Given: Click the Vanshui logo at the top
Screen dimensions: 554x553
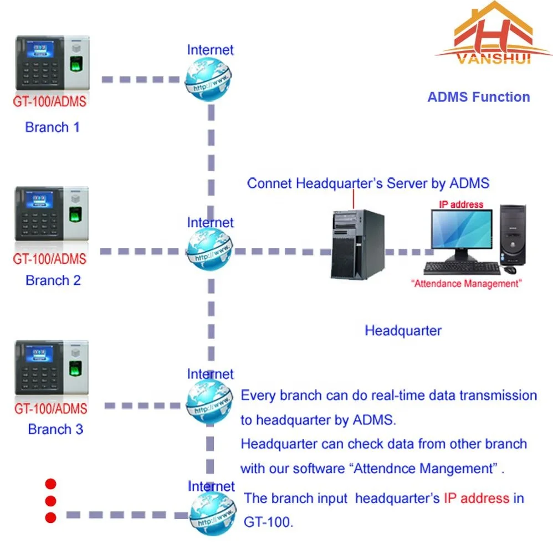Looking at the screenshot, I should pos(493,36).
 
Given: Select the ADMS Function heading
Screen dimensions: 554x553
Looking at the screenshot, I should pos(478,97).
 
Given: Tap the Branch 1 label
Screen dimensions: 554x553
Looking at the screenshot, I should pos(52,127).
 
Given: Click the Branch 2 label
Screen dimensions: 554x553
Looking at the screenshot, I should pos(53,280).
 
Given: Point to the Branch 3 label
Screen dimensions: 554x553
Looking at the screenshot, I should pos(55,429).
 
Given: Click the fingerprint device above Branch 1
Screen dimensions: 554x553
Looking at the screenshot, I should pos(52,63).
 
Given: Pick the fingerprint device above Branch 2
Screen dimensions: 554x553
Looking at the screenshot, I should pos(52,214).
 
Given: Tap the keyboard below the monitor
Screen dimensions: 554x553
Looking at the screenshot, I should pos(462,268).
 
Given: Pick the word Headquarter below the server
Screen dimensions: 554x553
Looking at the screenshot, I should pos(403,331).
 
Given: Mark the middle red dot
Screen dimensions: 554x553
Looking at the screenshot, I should pos(51,501).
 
